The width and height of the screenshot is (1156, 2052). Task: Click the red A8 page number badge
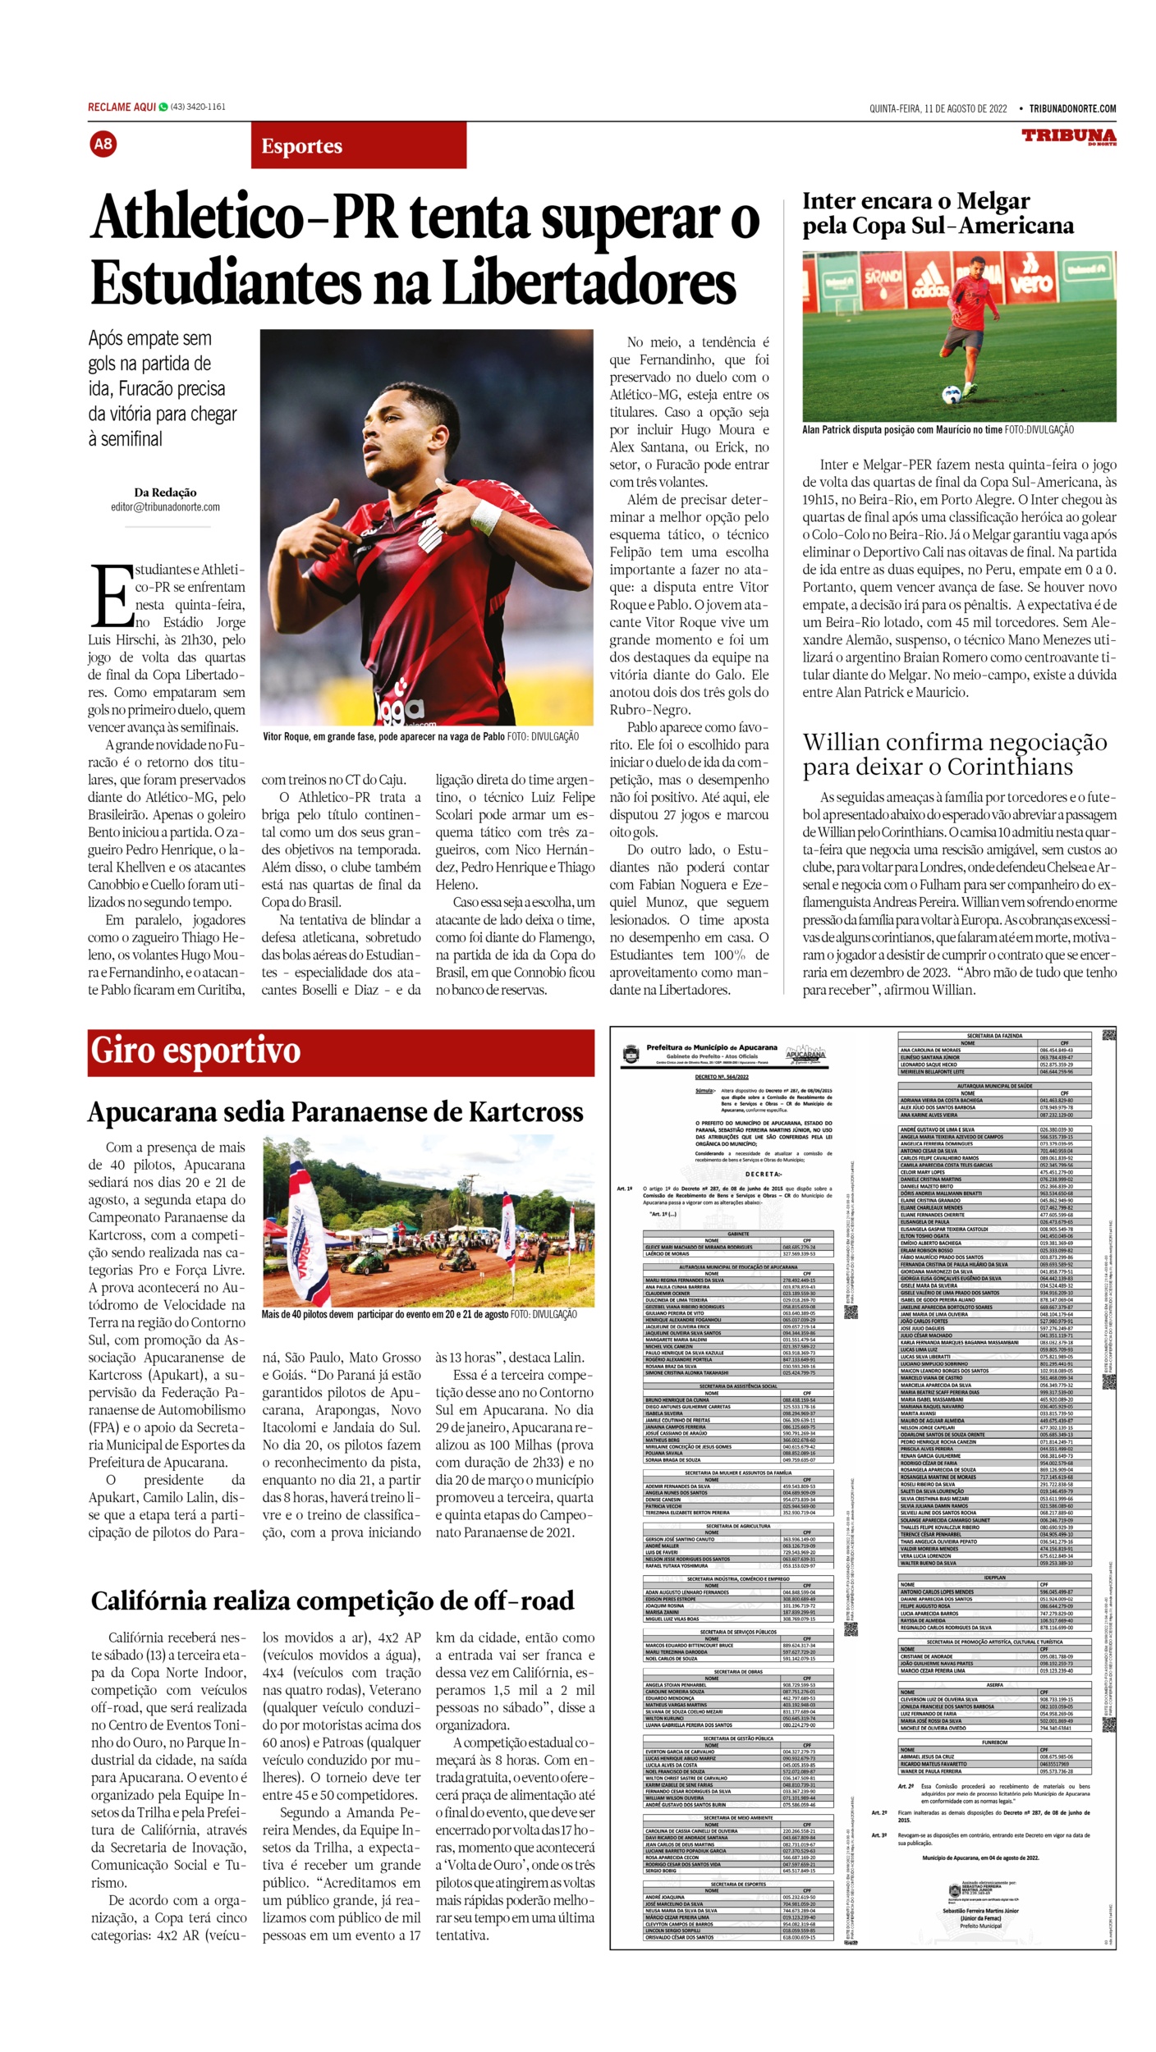103,144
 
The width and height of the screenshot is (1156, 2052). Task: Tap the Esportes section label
301,147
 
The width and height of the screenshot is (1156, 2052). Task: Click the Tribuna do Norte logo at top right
1068,136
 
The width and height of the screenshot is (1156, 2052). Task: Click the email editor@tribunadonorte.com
165,507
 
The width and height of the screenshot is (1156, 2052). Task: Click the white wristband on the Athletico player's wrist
486,515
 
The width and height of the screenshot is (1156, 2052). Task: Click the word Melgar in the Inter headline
990,201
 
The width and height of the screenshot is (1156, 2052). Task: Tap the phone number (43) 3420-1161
198,107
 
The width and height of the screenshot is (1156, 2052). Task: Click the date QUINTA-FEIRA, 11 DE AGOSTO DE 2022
938,108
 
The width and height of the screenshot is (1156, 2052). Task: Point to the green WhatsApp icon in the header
163,107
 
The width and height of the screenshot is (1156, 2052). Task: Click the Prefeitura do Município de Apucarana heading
711,1047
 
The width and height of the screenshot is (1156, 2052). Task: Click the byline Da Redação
165,492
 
